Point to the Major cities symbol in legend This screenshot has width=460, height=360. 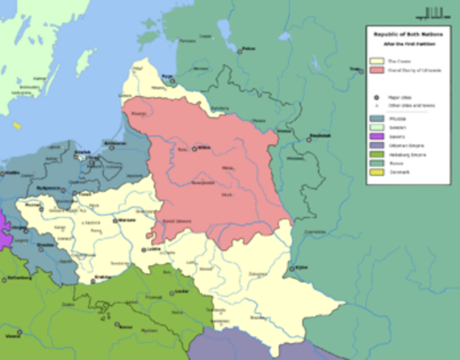click(376, 97)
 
